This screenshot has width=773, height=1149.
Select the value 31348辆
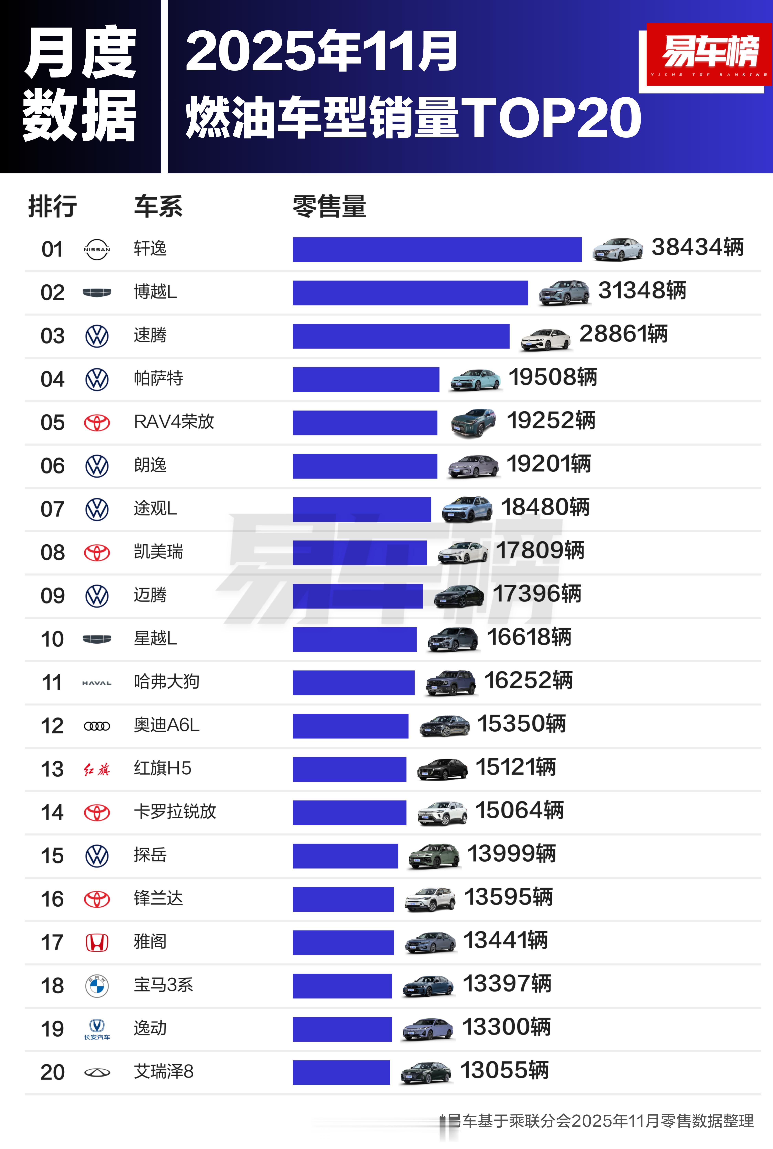pos(642,291)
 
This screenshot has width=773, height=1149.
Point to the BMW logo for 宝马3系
pos(97,986)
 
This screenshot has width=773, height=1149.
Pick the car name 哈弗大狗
pos(166,682)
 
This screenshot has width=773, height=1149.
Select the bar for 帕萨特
pos(366,379)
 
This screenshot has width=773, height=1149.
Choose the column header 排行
pos(52,206)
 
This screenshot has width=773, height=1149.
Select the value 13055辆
pos(504,1071)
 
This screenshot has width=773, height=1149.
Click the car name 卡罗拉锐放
pos(175,812)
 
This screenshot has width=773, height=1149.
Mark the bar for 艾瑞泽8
pos(341,1073)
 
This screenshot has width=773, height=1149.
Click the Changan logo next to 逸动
pos(97,1029)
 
